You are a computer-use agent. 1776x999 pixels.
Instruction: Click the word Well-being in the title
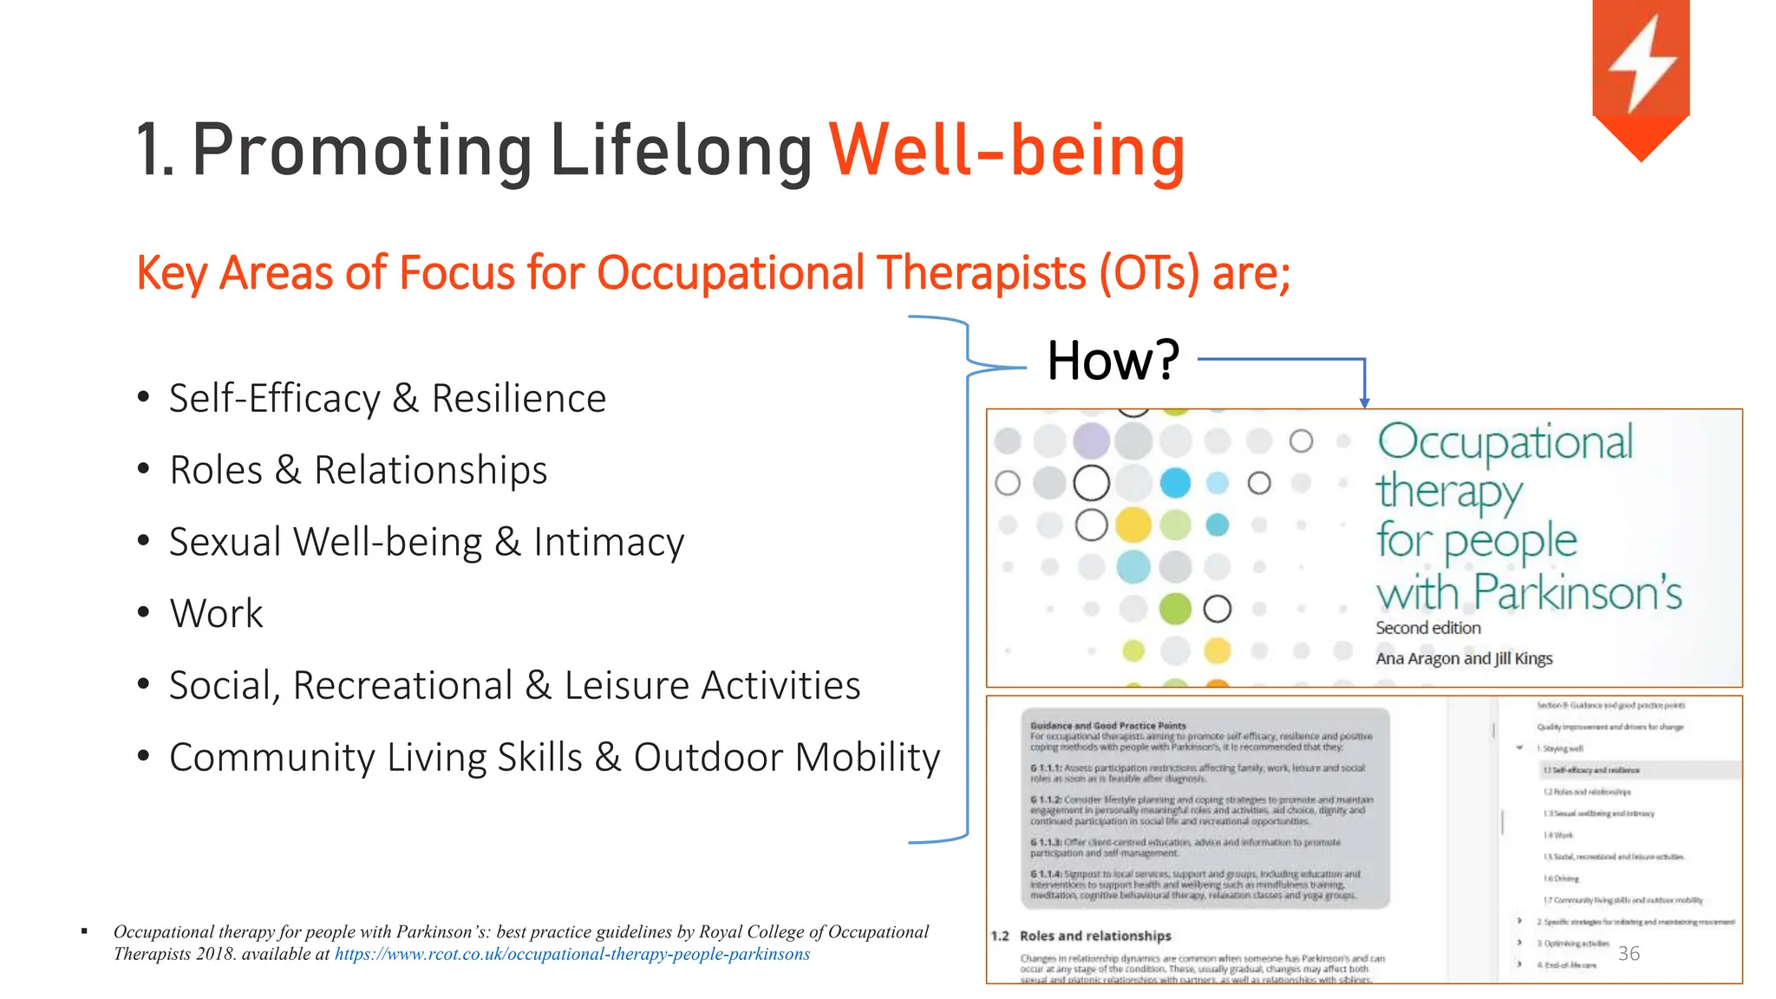click(1007, 150)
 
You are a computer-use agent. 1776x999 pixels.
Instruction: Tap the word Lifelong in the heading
click(682, 150)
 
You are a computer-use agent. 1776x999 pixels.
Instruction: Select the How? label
click(1113, 360)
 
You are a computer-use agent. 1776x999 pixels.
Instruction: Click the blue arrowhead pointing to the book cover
click(1364, 402)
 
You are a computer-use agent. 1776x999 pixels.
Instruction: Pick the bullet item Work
click(216, 614)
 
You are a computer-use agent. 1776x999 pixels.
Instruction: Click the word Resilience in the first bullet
click(519, 399)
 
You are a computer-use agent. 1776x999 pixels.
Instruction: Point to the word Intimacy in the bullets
click(609, 542)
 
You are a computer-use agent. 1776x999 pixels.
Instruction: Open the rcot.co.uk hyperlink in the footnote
click(572, 954)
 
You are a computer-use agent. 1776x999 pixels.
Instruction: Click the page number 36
click(1629, 953)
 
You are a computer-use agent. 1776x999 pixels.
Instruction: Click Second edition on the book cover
click(1428, 628)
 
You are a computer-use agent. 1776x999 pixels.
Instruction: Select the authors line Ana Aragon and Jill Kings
click(1464, 658)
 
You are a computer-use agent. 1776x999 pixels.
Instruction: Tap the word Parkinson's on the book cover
click(1577, 593)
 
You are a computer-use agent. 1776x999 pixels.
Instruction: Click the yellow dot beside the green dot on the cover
click(1133, 525)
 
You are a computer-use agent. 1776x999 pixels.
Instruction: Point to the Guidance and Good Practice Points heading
click(1107, 725)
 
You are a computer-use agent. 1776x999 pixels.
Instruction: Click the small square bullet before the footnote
click(84, 931)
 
